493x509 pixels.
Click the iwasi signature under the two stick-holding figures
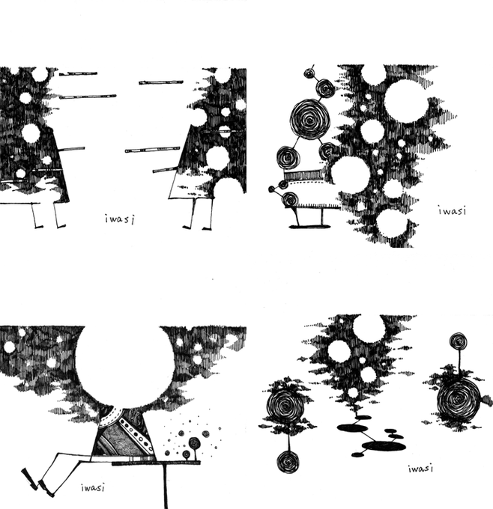(x=120, y=219)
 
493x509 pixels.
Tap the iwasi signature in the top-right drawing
(x=452, y=211)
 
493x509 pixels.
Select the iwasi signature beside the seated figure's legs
(x=93, y=487)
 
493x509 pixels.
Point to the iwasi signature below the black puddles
(x=420, y=469)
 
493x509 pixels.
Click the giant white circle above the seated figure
(x=125, y=367)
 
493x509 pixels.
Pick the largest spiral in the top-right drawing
(x=309, y=119)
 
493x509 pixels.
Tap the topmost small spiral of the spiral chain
(x=309, y=73)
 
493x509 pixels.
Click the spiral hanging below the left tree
(x=288, y=461)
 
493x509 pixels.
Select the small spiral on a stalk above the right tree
(x=459, y=341)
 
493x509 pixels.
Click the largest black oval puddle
(x=384, y=446)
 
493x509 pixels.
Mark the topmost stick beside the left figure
(x=78, y=73)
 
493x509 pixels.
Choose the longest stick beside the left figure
(x=88, y=97)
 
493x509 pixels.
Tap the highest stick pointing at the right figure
(x=161, y=82)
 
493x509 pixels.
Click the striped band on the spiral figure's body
(x=303, y=175)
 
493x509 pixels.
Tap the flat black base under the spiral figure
(x=309, y=227)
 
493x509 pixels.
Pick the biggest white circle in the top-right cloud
(x=406, y=101)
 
